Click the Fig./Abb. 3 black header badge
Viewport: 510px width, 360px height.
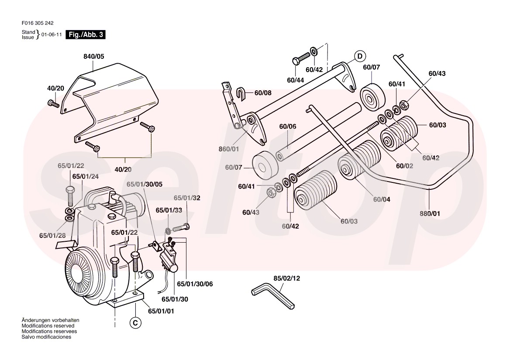coord(85,35)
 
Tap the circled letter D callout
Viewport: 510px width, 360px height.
coord(359,56)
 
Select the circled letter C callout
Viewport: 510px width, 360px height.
coord(135,323)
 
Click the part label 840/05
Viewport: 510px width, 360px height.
coord(93,56)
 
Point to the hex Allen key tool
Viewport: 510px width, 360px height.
coord(273,297)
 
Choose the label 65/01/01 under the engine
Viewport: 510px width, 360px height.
coord(161,311)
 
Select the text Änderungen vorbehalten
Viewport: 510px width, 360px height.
coord(50,320)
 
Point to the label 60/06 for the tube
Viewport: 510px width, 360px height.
coord(288,127)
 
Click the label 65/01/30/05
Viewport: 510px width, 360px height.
coord(145,184)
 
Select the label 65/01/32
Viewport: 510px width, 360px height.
coord(187,198)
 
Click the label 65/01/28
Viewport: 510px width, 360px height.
coord(52,235)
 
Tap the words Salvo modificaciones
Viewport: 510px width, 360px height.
coord(46,337)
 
